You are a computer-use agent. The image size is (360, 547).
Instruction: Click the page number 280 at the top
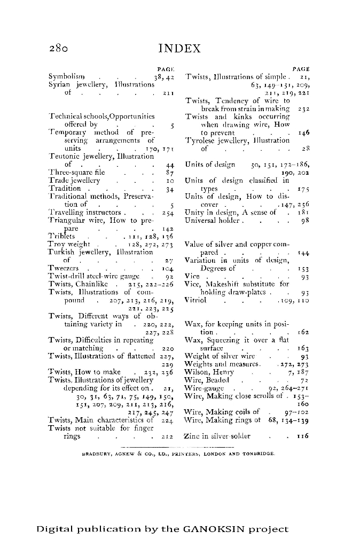point(57,49)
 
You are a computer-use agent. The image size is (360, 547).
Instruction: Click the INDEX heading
point(179,49)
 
